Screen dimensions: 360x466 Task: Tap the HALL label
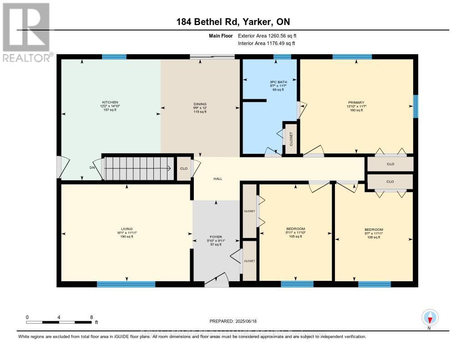pyautogui.click(x=218, y=179)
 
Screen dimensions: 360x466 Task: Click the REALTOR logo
pyautogui.click(x=26, y=31)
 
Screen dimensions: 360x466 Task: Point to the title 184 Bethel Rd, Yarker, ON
pyautogui.click(x=233, y=22)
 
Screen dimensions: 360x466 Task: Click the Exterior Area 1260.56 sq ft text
pyautogui.click(x=267, y=35)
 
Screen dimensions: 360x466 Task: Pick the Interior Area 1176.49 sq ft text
pyautogui.click(x=267, y=43)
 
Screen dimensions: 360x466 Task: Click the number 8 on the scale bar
pyautogui.click(x=91, y=317)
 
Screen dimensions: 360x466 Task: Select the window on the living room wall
pyautogui.click(x=126, y=284)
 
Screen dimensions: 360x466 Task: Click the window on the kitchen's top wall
pyautogui.click(x=114, y=57)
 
